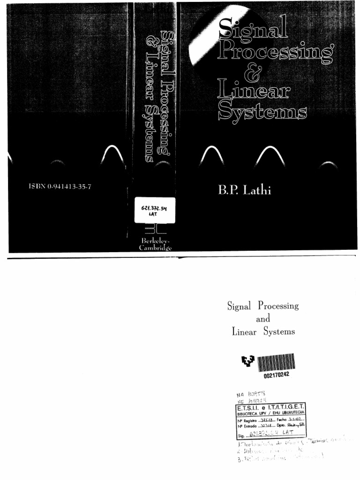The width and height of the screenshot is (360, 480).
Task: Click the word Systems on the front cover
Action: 262,112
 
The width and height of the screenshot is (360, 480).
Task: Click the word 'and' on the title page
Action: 263,319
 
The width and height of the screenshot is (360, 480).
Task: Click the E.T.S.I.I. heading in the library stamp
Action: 256,407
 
